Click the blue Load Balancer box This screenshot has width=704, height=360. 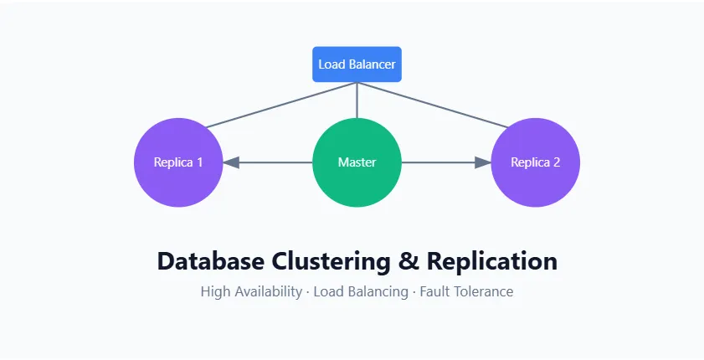coord(357,64)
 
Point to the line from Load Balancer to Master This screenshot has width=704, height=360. coord(357,100)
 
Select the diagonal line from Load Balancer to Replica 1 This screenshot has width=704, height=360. coord(280,105)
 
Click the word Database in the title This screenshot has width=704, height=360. coord(212,260)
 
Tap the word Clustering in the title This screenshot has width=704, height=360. coord(331,260)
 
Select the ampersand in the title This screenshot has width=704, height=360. coord(409,260)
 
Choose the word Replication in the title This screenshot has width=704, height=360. coord(492,260)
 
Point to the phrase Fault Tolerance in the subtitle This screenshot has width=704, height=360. coord(466,292)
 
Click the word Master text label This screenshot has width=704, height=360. coord(357,162)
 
